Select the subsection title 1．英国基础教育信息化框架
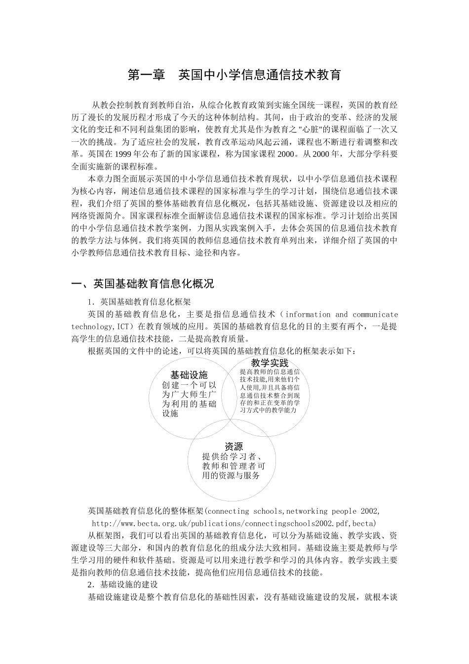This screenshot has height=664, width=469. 139,301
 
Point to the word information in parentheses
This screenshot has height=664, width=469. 308,314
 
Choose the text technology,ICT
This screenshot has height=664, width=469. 101,327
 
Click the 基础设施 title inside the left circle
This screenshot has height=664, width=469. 189,374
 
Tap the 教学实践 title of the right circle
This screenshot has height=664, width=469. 270,363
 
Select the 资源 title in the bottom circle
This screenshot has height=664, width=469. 234,446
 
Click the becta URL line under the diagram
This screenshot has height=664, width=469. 234,523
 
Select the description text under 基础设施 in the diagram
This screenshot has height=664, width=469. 189,399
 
